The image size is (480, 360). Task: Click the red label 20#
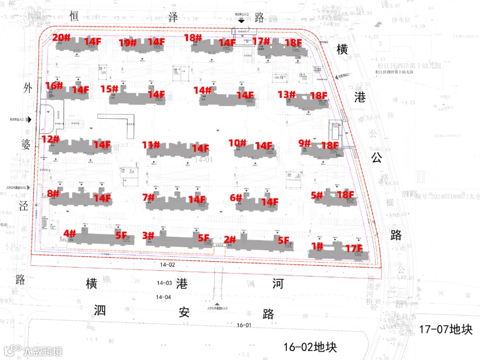(x=61, y=38)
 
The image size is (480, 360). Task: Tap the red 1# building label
(x=317, y=246)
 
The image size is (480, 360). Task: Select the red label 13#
(x=287, y=94)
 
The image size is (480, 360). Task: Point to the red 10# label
(x=237, y=143)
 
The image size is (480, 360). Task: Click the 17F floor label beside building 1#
(x=354, y=248)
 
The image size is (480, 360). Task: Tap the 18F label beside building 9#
(x=330, y=145)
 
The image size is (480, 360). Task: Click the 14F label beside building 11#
(x=200, y=148)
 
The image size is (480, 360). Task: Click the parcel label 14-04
(x=163, y=297)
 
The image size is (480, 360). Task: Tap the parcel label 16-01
(x=244, y=325)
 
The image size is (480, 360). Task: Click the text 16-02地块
(x=310, y=347)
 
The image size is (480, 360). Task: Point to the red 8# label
(x=53, y=193)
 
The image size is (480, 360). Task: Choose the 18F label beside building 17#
(x=293, y=43)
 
